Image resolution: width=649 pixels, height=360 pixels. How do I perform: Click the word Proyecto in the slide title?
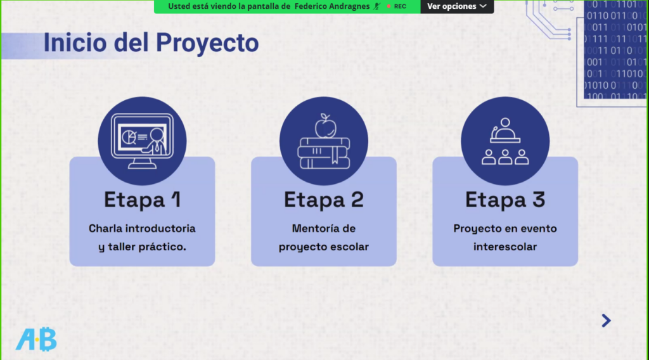(207, 44)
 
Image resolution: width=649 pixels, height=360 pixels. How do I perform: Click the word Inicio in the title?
(75, 42)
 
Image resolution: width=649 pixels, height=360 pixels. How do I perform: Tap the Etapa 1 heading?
(143, 200)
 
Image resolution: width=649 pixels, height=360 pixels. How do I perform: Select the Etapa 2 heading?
(324, 200)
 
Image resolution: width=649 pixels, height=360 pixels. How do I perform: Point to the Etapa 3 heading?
(505, 200)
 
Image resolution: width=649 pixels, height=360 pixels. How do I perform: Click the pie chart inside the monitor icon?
(129, 137)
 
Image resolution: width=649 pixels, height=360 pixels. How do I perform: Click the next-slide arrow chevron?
(607, 321)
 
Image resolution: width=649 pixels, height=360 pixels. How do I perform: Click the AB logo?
(36, 339)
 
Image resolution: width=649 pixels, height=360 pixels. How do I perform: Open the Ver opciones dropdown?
(457, 6)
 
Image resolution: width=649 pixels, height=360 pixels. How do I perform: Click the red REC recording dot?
(389, 6)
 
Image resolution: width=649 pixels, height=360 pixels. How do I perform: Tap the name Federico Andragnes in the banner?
(332, 6)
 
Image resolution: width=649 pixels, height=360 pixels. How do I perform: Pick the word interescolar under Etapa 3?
(505, 247)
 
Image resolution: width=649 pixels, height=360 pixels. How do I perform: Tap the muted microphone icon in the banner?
(376, 6)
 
